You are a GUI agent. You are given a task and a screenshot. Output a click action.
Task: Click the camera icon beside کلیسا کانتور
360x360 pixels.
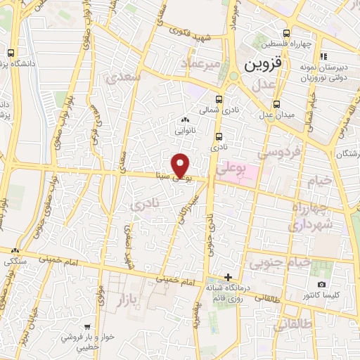(321, 284)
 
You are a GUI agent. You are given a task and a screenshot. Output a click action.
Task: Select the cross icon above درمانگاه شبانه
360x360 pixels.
(227, 276)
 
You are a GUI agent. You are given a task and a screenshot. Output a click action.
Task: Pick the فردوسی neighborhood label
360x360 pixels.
(278, 151)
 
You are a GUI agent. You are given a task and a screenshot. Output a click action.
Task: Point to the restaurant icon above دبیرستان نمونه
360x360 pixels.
(323, 56)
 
